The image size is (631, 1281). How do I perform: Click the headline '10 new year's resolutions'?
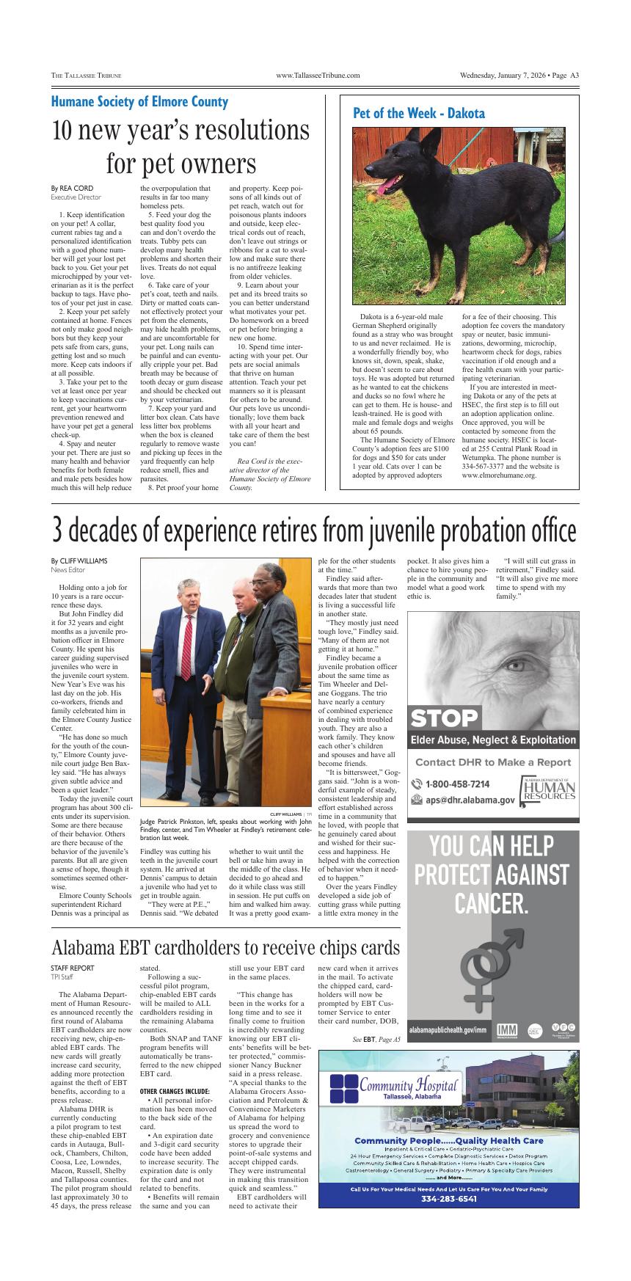click(180, 131)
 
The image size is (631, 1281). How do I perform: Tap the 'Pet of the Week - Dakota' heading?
click(419, 114)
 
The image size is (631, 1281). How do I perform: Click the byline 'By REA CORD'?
click(72, 189)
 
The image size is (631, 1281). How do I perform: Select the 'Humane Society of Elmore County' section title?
click(139, 101)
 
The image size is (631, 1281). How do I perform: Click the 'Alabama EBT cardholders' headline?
click(226, 947)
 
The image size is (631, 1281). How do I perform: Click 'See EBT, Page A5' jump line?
click(376, 1039)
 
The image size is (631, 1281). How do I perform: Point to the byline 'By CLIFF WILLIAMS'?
click(79, 561)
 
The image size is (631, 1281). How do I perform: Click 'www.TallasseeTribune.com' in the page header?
click(318, 76)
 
